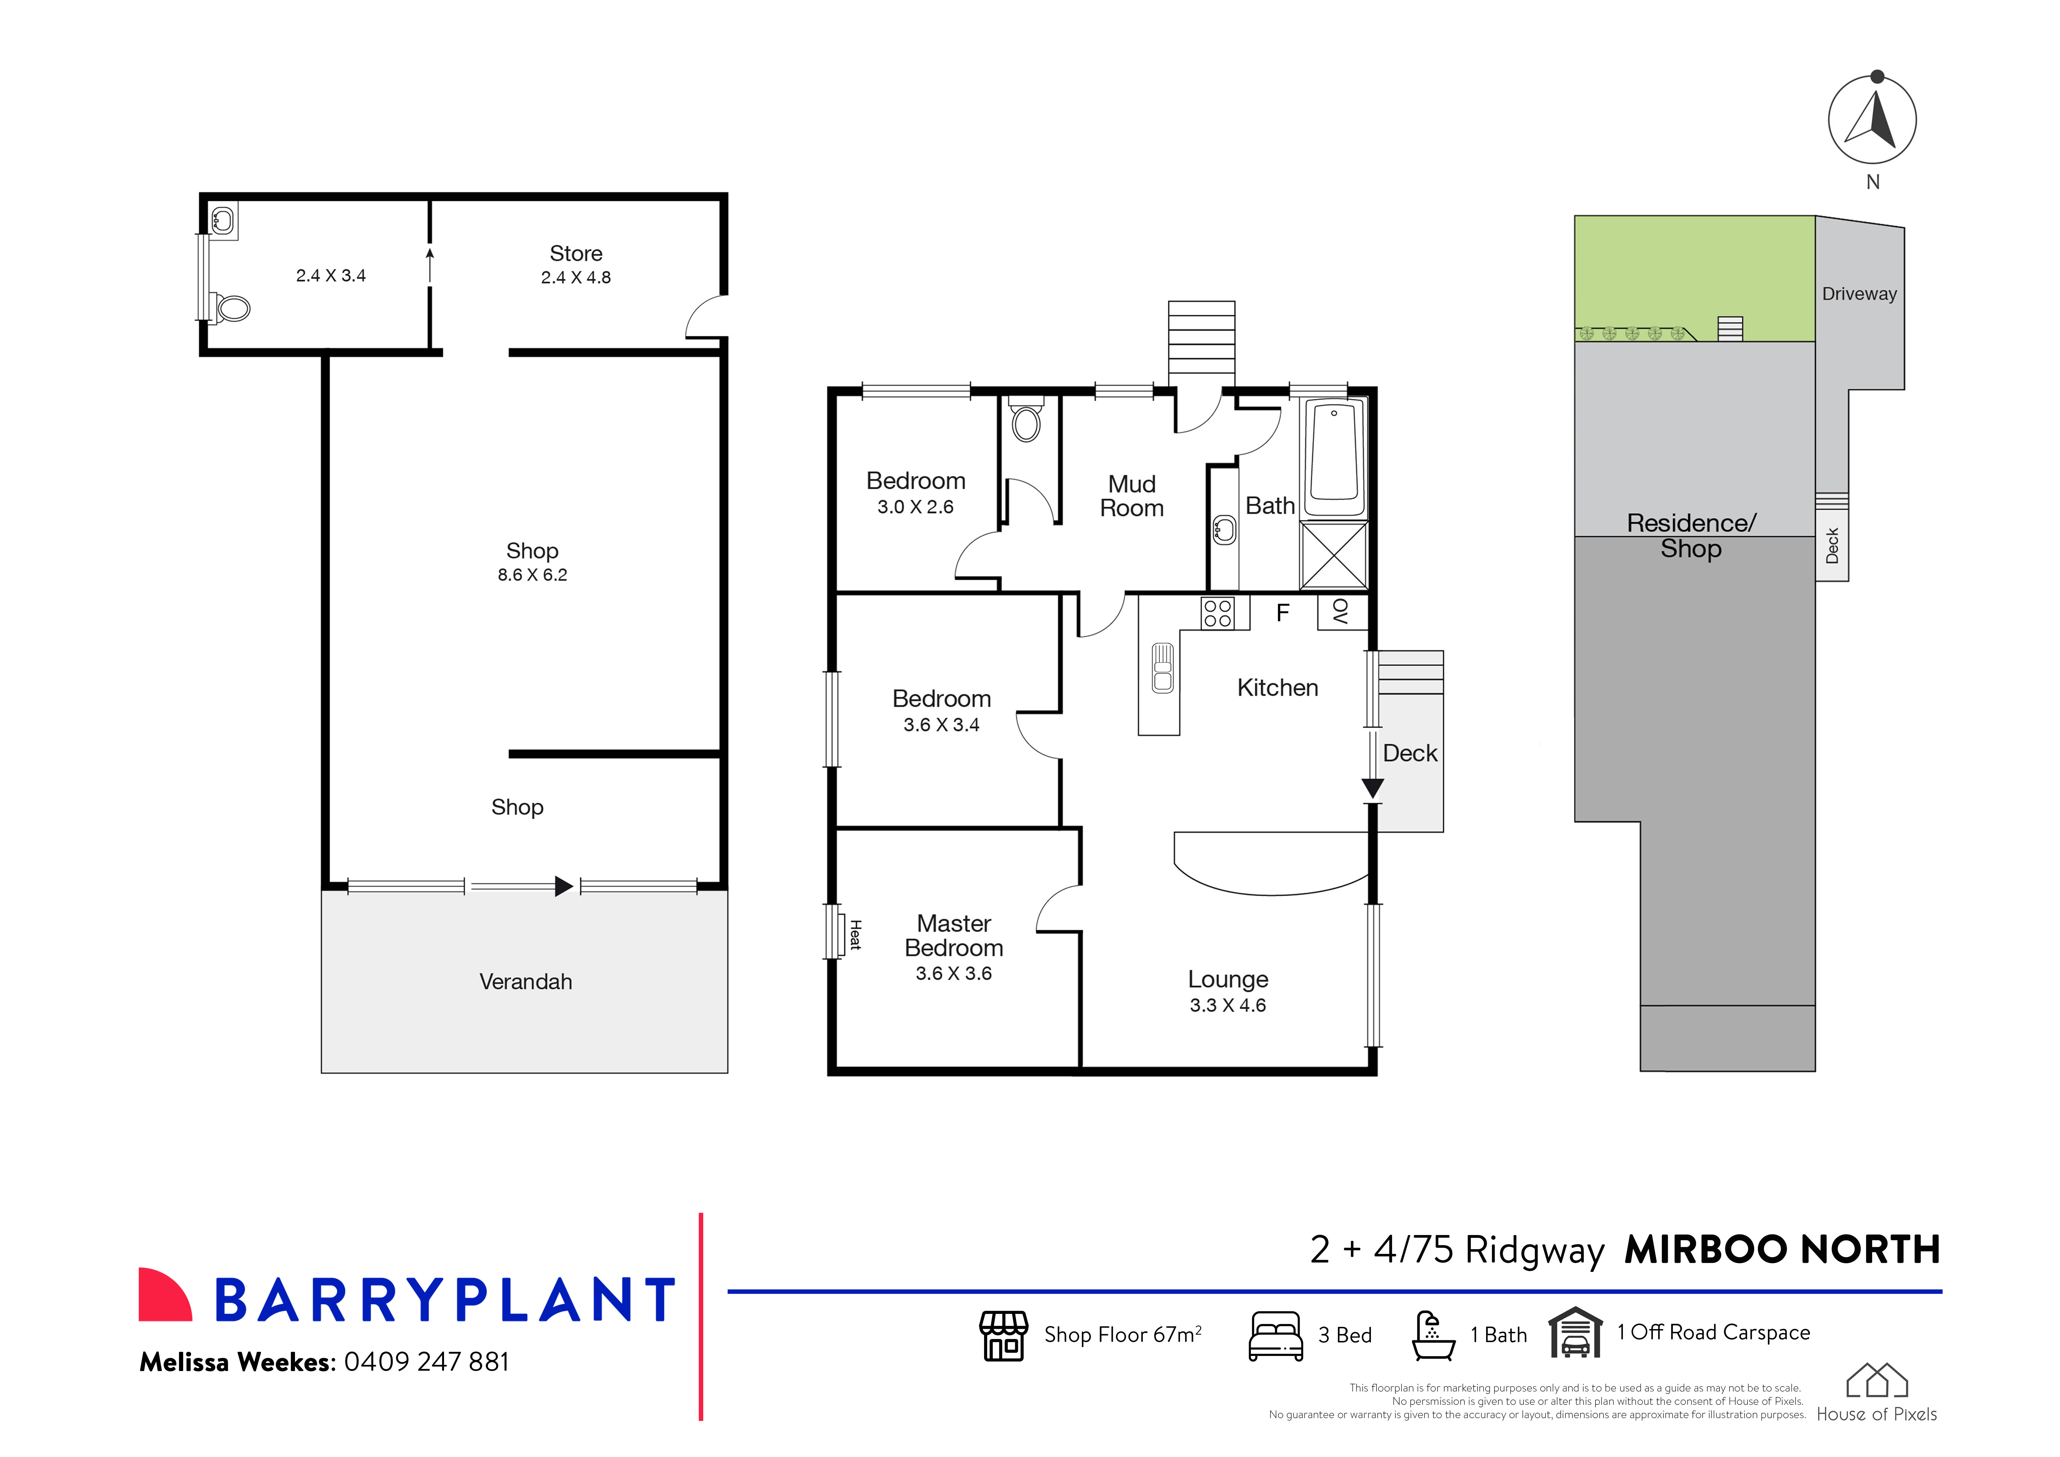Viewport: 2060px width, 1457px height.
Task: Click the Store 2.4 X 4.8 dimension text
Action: pyautogui.click(x=576, y=277)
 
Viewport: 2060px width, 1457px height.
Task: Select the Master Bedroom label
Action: pyautogui.click(x=954, y=936)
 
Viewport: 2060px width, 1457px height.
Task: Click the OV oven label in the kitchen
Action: pyautogui.click(x=1340, y=612)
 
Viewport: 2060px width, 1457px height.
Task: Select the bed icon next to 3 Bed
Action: pyautogui.click(x=1275, y=1336)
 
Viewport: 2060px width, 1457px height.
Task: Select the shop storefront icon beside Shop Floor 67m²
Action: pyautogui.click(x=1003, y=1336)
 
